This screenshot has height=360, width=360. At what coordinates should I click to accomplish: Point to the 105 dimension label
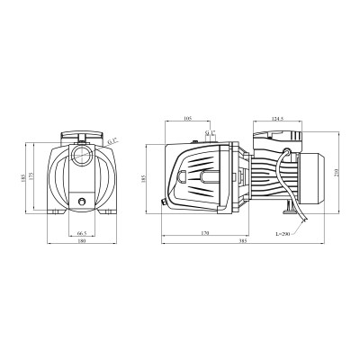coord(188,118)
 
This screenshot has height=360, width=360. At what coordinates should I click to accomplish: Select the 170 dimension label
coord(205,232)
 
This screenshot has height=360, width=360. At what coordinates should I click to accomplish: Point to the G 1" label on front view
coord(112,141)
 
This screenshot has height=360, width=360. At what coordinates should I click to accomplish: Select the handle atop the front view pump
coord(82,138)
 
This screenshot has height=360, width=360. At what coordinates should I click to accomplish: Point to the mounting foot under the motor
coord(285,210)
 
